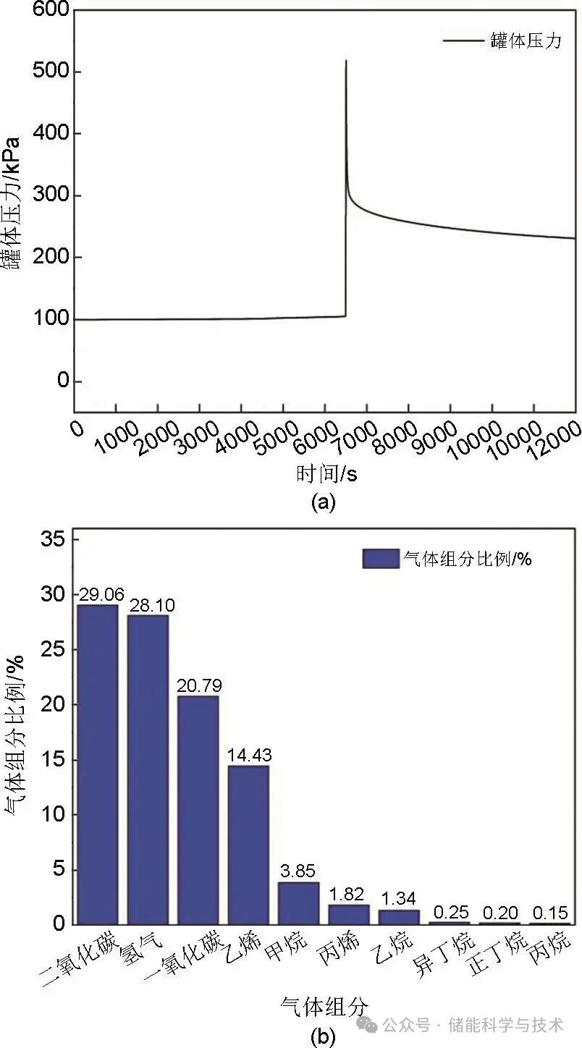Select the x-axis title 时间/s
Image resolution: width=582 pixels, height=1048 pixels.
(x=326, y=474)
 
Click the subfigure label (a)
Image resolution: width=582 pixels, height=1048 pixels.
(x=322, y=502)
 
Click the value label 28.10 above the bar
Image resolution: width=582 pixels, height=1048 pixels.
(x=151, y=605)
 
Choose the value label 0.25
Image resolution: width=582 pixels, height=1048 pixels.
(x=450, y=912)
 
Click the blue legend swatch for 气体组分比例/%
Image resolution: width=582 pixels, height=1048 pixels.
(x=381, y=558)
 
